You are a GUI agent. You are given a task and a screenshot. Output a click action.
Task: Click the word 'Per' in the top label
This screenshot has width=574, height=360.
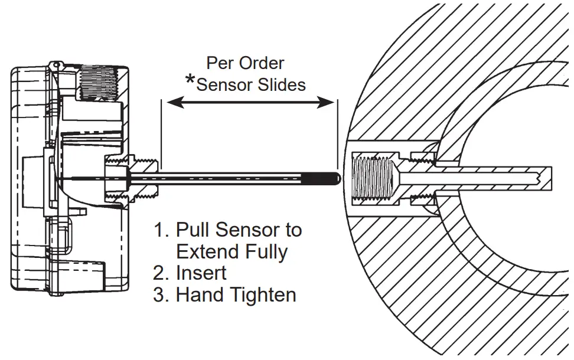(220, 63)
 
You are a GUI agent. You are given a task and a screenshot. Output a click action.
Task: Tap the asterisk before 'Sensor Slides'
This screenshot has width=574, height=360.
(190, 81)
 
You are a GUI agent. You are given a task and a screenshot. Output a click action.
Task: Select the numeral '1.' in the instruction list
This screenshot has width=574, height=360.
(161, 230)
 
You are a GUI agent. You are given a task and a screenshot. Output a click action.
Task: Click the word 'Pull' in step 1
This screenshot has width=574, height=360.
(193, 230)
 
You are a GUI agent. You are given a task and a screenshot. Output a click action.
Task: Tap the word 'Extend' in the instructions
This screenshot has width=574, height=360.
(208, 252)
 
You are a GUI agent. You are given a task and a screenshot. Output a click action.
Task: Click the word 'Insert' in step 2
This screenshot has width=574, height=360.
(201, 273)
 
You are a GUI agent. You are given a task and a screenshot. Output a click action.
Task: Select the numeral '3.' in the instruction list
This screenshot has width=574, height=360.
(161, 294)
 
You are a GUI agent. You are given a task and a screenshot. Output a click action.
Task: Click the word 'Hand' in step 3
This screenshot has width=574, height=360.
(198, 294)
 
